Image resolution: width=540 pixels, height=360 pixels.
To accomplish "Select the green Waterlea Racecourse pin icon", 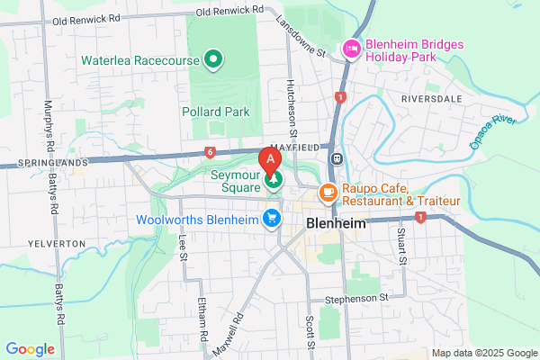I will [213, 60].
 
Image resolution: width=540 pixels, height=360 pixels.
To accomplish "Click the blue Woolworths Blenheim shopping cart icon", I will [271, 219].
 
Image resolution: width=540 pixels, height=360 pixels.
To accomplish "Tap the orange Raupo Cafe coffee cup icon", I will [328, 192].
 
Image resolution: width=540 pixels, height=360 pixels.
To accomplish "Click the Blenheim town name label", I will [335, 222].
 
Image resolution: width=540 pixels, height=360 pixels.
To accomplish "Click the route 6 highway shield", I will [210, 153].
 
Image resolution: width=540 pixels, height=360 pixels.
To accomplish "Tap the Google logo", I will [30, 348].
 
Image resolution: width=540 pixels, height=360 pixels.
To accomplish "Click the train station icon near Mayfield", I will [336, 157].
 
